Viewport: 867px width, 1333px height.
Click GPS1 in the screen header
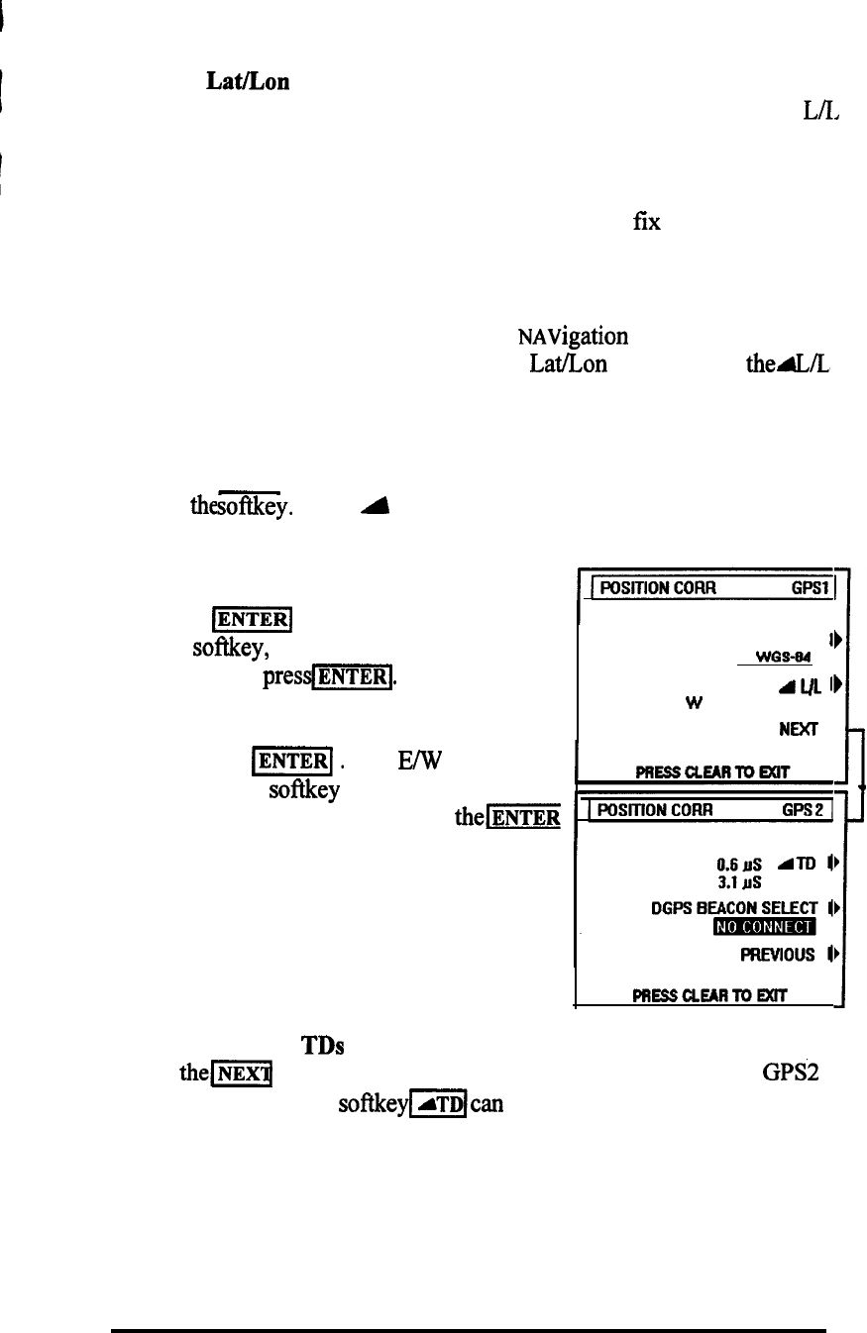[813, 585]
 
